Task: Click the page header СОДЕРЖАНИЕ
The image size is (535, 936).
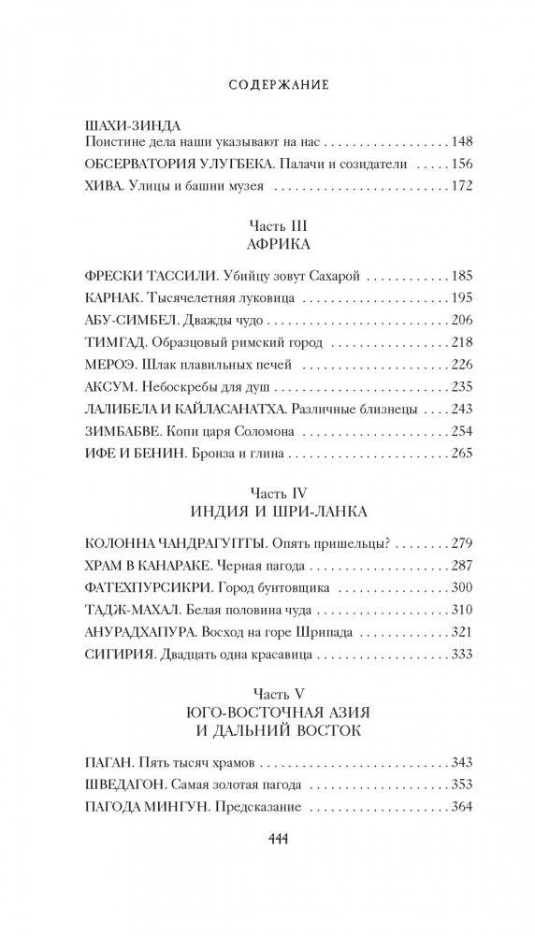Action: click(x=267, y=84)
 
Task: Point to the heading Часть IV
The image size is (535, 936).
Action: click(x=267, y=492)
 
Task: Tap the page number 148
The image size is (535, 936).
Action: click(x=462, y=143)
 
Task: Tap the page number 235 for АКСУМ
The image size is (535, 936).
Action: click(x=462, y=386)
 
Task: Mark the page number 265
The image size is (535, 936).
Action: click(x=462, y=453)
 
